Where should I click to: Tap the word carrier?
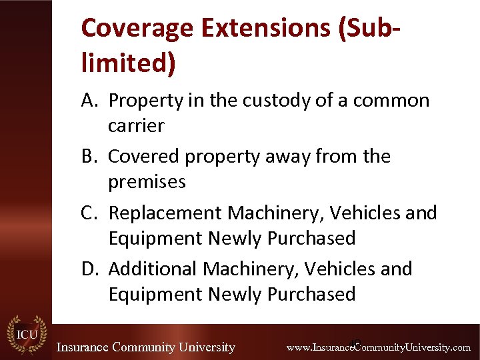tap(136, 126)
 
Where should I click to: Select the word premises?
tap(147, 182)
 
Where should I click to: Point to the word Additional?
tap(152, 269)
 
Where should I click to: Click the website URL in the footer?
tap(378, 347)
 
